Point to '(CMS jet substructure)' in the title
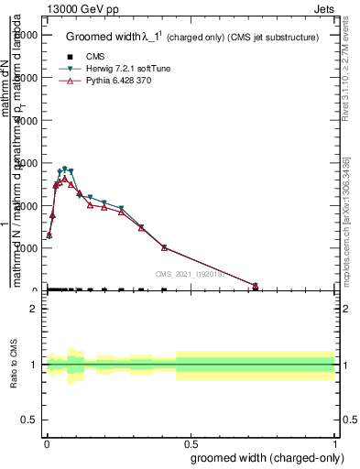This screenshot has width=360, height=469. pyautogui.click(x=273, y=37)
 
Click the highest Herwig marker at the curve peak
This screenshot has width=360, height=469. pyautogui.click(x=64, y=169)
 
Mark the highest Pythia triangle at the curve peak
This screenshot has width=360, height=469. pyautogui.click(x=64, y=179)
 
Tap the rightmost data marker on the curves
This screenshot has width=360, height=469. pyautogui.click(x=256, y=286)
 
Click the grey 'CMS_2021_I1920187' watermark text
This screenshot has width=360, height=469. pyautogui.click(x=195, y=273)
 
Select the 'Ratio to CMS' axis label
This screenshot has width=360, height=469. pyautogui.click(x=15, y=365)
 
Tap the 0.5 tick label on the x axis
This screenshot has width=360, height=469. pyautogui.click(x=191, y=442)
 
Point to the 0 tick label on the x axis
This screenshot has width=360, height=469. pyautogui.click(x=46, y=442)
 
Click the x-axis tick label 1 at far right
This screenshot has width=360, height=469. pyautogui.click(x=336, y=442)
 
